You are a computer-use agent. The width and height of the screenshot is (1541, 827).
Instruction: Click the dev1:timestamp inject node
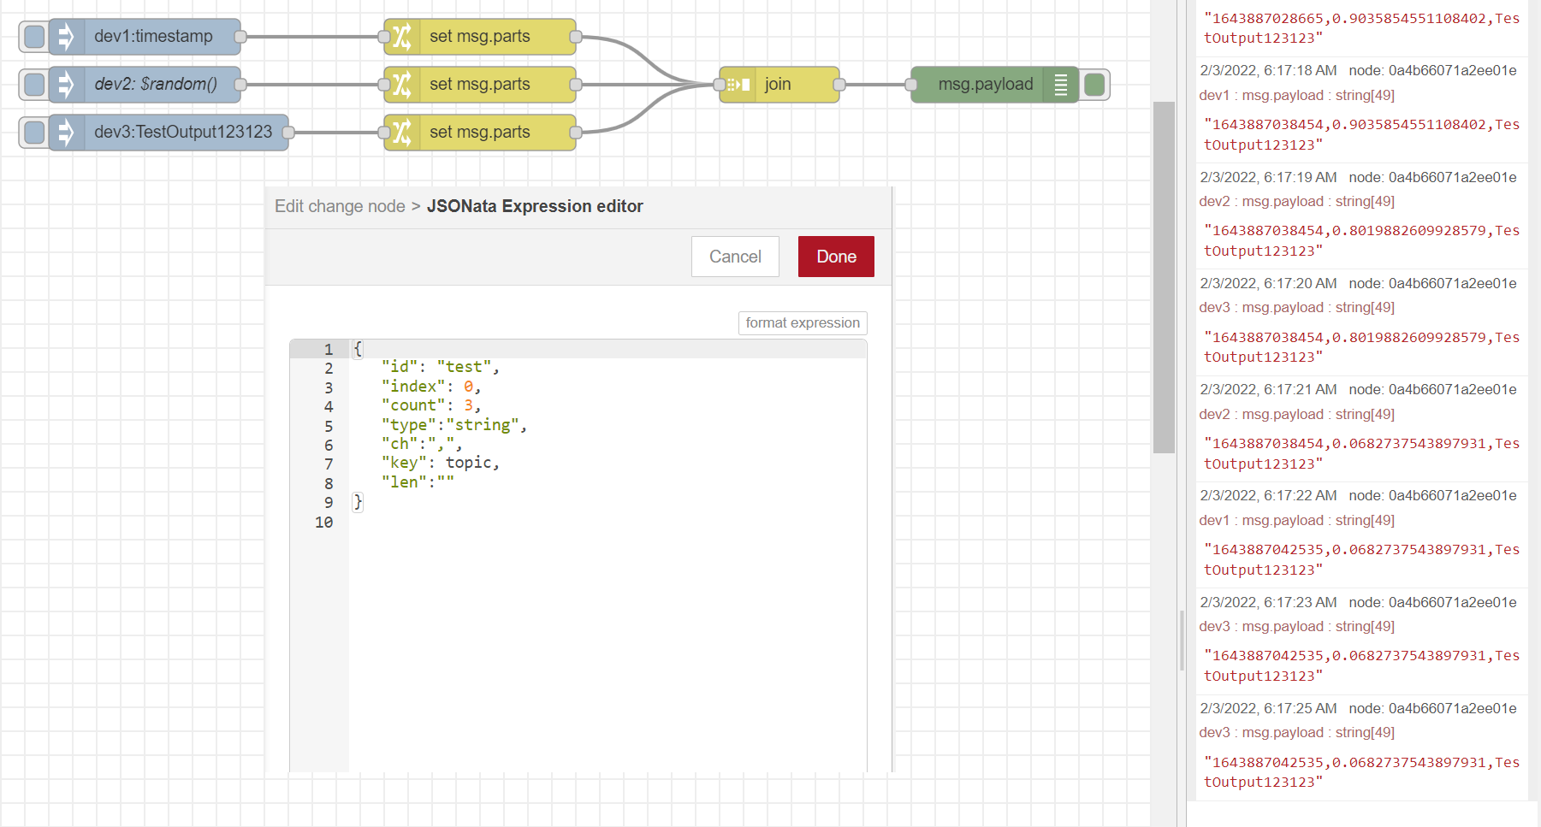pyautogui.click(x=145, y=37)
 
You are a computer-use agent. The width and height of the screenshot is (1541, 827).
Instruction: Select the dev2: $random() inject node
pyautogui.click(x=145, y=85)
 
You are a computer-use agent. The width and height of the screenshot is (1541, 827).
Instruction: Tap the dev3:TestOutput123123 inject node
pyautogui.click(x=169, y=133)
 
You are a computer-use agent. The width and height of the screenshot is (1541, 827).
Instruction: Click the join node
pyautogui.click(x=779, y=85)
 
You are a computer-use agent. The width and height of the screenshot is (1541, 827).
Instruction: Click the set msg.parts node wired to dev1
pyautogui.click(x=480, y=37)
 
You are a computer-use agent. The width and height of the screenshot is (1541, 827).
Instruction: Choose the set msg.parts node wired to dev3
pyautogui.click(x=480, y=133)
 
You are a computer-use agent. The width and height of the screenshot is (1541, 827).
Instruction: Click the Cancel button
pyautogui.click(x=735, y=257)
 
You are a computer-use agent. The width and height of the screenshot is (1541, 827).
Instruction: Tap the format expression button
pyautogui.click(x=803, y=322)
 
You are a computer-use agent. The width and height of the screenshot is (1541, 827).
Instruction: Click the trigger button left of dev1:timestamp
pyautogui.click(x=34, y=37)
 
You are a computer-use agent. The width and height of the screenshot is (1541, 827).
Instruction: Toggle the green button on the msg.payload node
pyautogui.click(x=1094, y=85)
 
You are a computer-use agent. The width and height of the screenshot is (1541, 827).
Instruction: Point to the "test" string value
pyautogui.click(x=464, y=367)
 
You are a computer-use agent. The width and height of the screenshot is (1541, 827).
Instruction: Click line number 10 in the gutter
pyautogui.click(x=323, y=522)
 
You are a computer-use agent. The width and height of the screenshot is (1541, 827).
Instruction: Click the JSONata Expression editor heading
pyautogui.click(x=535, y=206)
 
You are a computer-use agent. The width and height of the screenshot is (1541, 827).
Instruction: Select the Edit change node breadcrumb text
pyautogui.click(x=340, y=206)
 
